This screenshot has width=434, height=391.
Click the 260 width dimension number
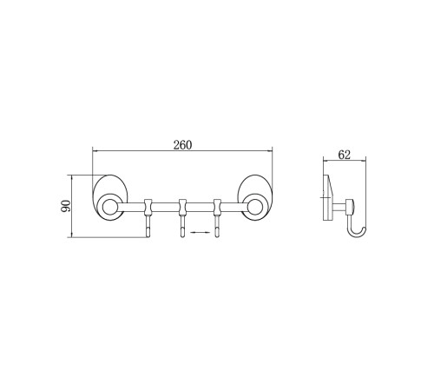pyautogui.click(x=182, y=145)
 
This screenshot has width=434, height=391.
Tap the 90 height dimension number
pyautogui.click(x=66, y=206)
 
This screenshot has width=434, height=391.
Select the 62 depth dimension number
pyautogui.click(x=345, y=155)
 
